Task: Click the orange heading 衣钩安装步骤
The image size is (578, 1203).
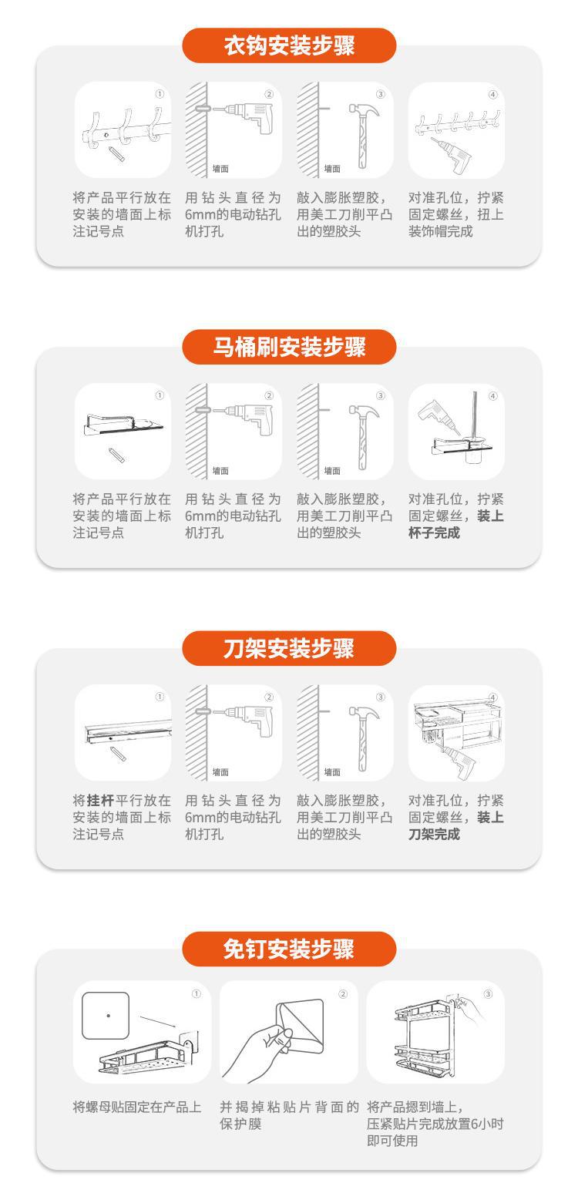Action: [289, 46]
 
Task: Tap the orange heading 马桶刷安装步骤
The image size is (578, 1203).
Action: [289, 348]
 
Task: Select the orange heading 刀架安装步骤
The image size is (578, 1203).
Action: [289, 649]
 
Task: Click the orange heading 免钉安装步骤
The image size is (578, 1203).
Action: [289, 949]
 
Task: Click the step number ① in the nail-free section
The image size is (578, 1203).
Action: [197, 993]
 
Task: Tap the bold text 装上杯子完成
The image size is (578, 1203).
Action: [455, 524]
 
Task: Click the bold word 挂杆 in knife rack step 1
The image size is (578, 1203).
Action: [100, 800]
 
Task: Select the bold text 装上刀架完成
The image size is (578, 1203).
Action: [455, 825]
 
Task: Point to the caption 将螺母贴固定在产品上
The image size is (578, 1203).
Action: [137, 1107]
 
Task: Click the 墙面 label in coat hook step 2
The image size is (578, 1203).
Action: [221, 169]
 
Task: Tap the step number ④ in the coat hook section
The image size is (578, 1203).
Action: [493, 95]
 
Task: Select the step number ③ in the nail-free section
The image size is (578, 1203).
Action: [488, 993]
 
